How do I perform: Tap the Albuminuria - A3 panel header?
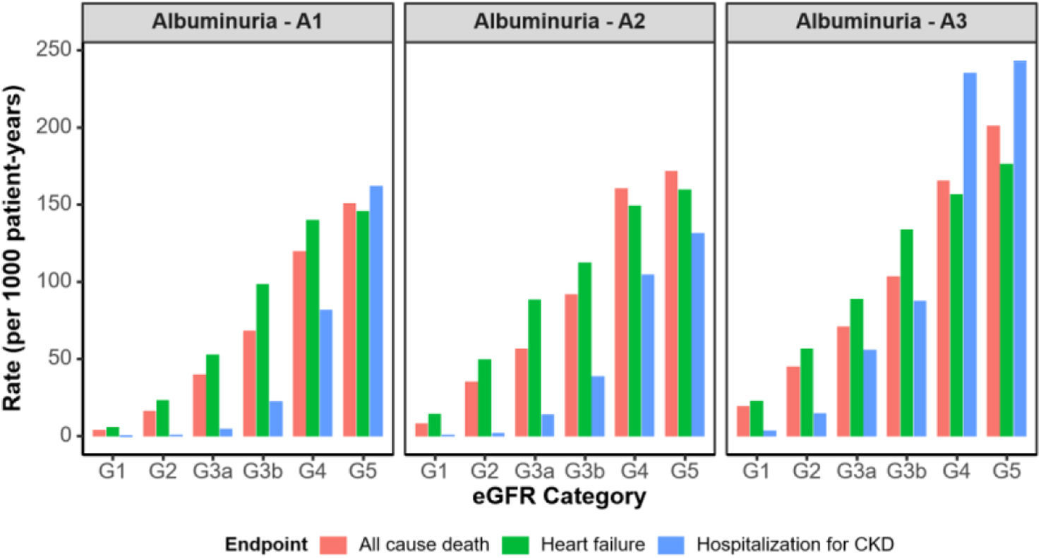tap(882, 21)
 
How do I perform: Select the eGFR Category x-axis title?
tap(560, 497)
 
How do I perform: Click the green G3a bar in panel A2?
tap(534, 368)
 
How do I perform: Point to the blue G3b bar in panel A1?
tap(276, 418)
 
